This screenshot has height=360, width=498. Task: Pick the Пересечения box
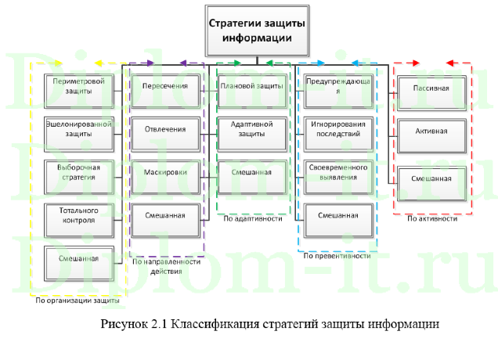click(x=164, y=86)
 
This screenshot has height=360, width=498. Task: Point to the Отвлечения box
click(x=164, y=128)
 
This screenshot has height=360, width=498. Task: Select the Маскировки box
click(x=164, y=171)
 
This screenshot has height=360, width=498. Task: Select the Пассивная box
click(x=432, y=88)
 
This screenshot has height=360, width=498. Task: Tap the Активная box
click(x=432, y=131)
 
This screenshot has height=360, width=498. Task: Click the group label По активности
click(x=432, y=219)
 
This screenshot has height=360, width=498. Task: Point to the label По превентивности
click(x=337, y=255)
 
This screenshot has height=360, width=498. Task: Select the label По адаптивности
click(x=252, y=219)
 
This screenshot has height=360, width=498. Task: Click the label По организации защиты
click(x=78, y=299)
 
